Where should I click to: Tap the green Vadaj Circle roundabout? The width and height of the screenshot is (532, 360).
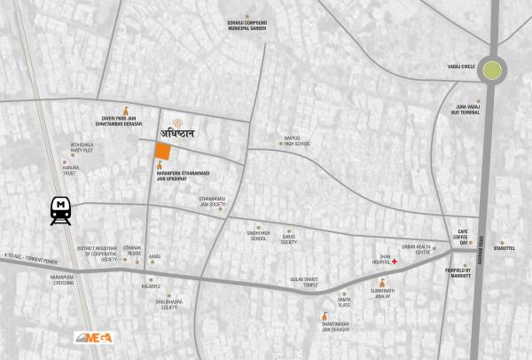pyautogui.click(x=491, y=69)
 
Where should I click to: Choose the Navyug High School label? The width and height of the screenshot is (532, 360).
pyautogui.click(x=291, y=142)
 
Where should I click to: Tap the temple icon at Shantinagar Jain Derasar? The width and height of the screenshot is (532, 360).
pyautogui.click(x=321, y=315)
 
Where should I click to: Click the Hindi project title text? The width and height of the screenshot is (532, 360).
pyautogui.click(x=184, y=134)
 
